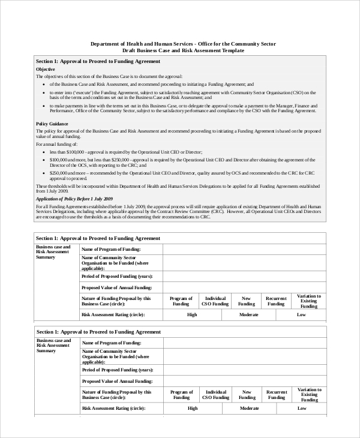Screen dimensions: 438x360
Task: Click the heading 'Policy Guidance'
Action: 52,123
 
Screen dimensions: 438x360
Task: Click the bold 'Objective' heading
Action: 46,70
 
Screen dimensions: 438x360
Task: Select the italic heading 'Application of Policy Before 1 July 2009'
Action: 74,198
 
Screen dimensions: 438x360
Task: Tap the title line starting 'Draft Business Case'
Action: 184,51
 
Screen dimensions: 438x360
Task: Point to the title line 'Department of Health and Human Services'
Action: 184,44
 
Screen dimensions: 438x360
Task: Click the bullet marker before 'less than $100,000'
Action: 44,152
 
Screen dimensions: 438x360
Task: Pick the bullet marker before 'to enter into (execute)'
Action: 44,93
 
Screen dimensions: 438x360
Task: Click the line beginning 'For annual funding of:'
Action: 56,145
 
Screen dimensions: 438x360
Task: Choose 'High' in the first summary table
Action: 192,314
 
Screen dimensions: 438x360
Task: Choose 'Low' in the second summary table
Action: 301,408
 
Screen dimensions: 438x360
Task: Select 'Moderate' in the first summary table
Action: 248,314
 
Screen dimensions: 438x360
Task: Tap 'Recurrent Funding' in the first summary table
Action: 276,301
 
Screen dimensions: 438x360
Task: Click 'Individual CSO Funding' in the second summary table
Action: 215,394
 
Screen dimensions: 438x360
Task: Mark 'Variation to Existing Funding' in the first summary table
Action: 309,301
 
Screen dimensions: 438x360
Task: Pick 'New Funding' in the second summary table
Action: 246,394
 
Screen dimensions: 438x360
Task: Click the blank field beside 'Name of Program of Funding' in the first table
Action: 244,249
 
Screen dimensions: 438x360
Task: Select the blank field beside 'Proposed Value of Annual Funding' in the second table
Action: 244,381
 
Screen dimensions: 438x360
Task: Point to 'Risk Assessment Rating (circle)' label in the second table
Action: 113,408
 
